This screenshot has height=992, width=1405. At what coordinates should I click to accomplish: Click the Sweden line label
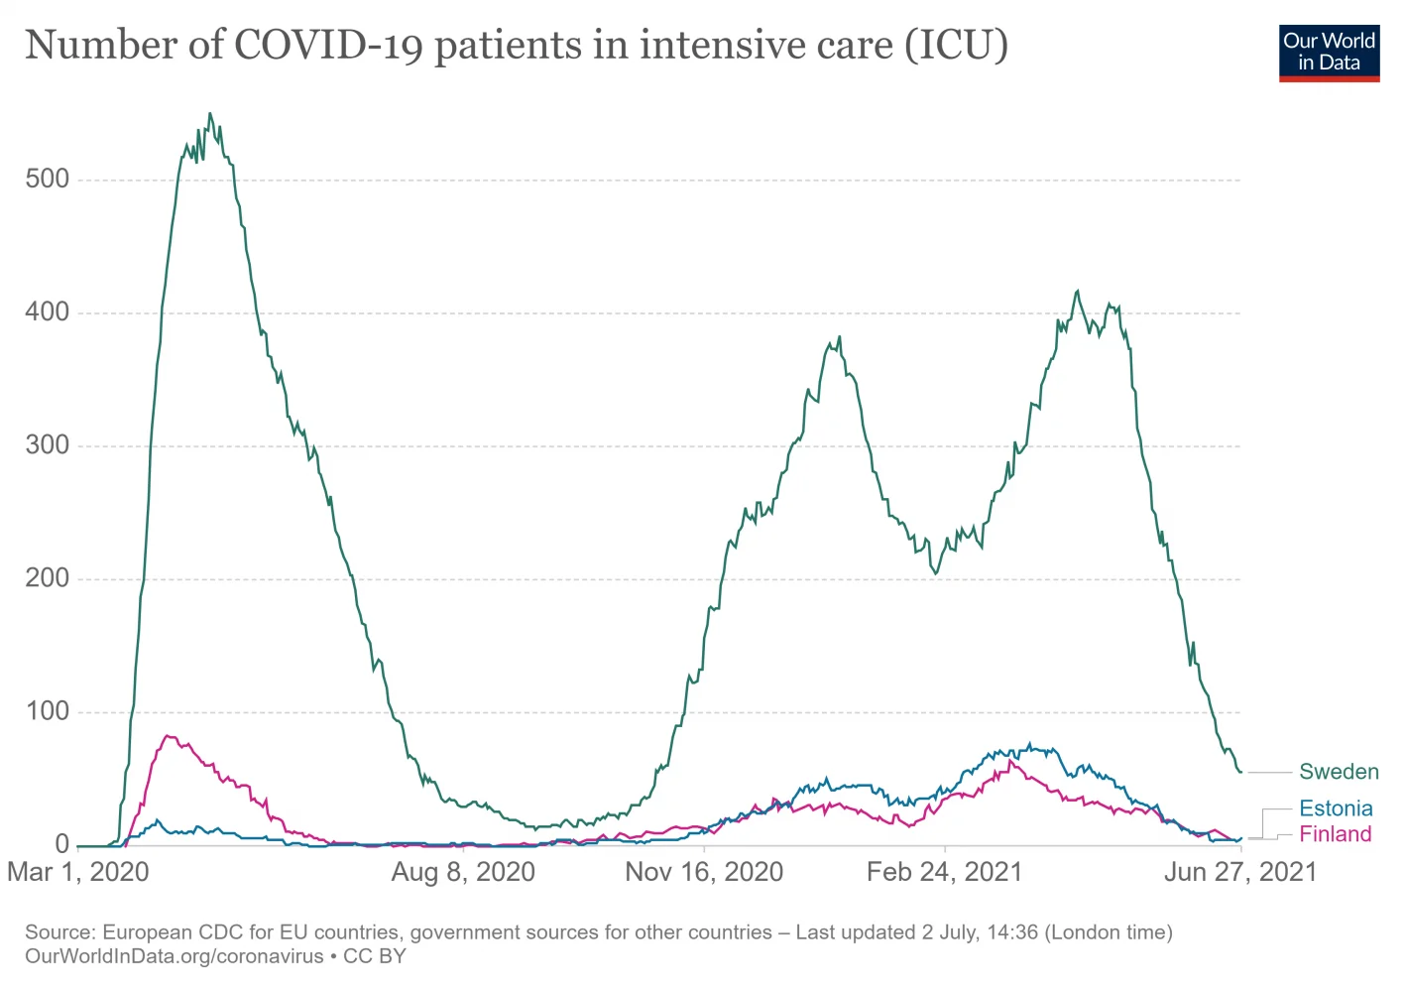click(1339, 772)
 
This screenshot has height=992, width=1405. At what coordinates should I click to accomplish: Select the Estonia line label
click(1336, 808)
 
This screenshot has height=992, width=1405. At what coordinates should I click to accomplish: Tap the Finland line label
click(1335, 834)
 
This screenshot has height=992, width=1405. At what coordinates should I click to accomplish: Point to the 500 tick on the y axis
click(48, 180)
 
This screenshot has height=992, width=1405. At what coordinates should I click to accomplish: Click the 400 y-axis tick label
click(48, 312)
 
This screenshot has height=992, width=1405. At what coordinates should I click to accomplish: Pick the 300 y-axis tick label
click(48, 445)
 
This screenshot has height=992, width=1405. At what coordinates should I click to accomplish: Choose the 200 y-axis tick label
click(48, 578)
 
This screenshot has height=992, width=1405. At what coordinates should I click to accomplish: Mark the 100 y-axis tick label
click(48, 711)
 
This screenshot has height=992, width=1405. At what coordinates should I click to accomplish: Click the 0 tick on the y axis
click(62, 844)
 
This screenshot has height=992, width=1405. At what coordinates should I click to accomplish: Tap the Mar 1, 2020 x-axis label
click(77, 872)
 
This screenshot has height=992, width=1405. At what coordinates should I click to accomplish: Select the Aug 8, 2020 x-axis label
click(463, 872)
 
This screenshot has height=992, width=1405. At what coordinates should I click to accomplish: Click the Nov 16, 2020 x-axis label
click(704, 872)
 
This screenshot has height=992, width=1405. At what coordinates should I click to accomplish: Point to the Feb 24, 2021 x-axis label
click(944, 872)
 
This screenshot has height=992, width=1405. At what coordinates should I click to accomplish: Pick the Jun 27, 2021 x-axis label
click(1239, 872)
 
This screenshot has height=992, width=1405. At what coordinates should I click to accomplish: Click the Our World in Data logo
click(1329, 53)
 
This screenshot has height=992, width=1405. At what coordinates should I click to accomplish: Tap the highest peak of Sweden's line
click(209, 114)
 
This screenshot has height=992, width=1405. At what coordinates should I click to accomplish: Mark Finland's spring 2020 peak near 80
click(168, 736)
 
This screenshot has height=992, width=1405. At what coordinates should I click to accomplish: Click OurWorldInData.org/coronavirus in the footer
click(175, 956)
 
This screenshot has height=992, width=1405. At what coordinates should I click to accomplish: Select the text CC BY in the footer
click(375, 956)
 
